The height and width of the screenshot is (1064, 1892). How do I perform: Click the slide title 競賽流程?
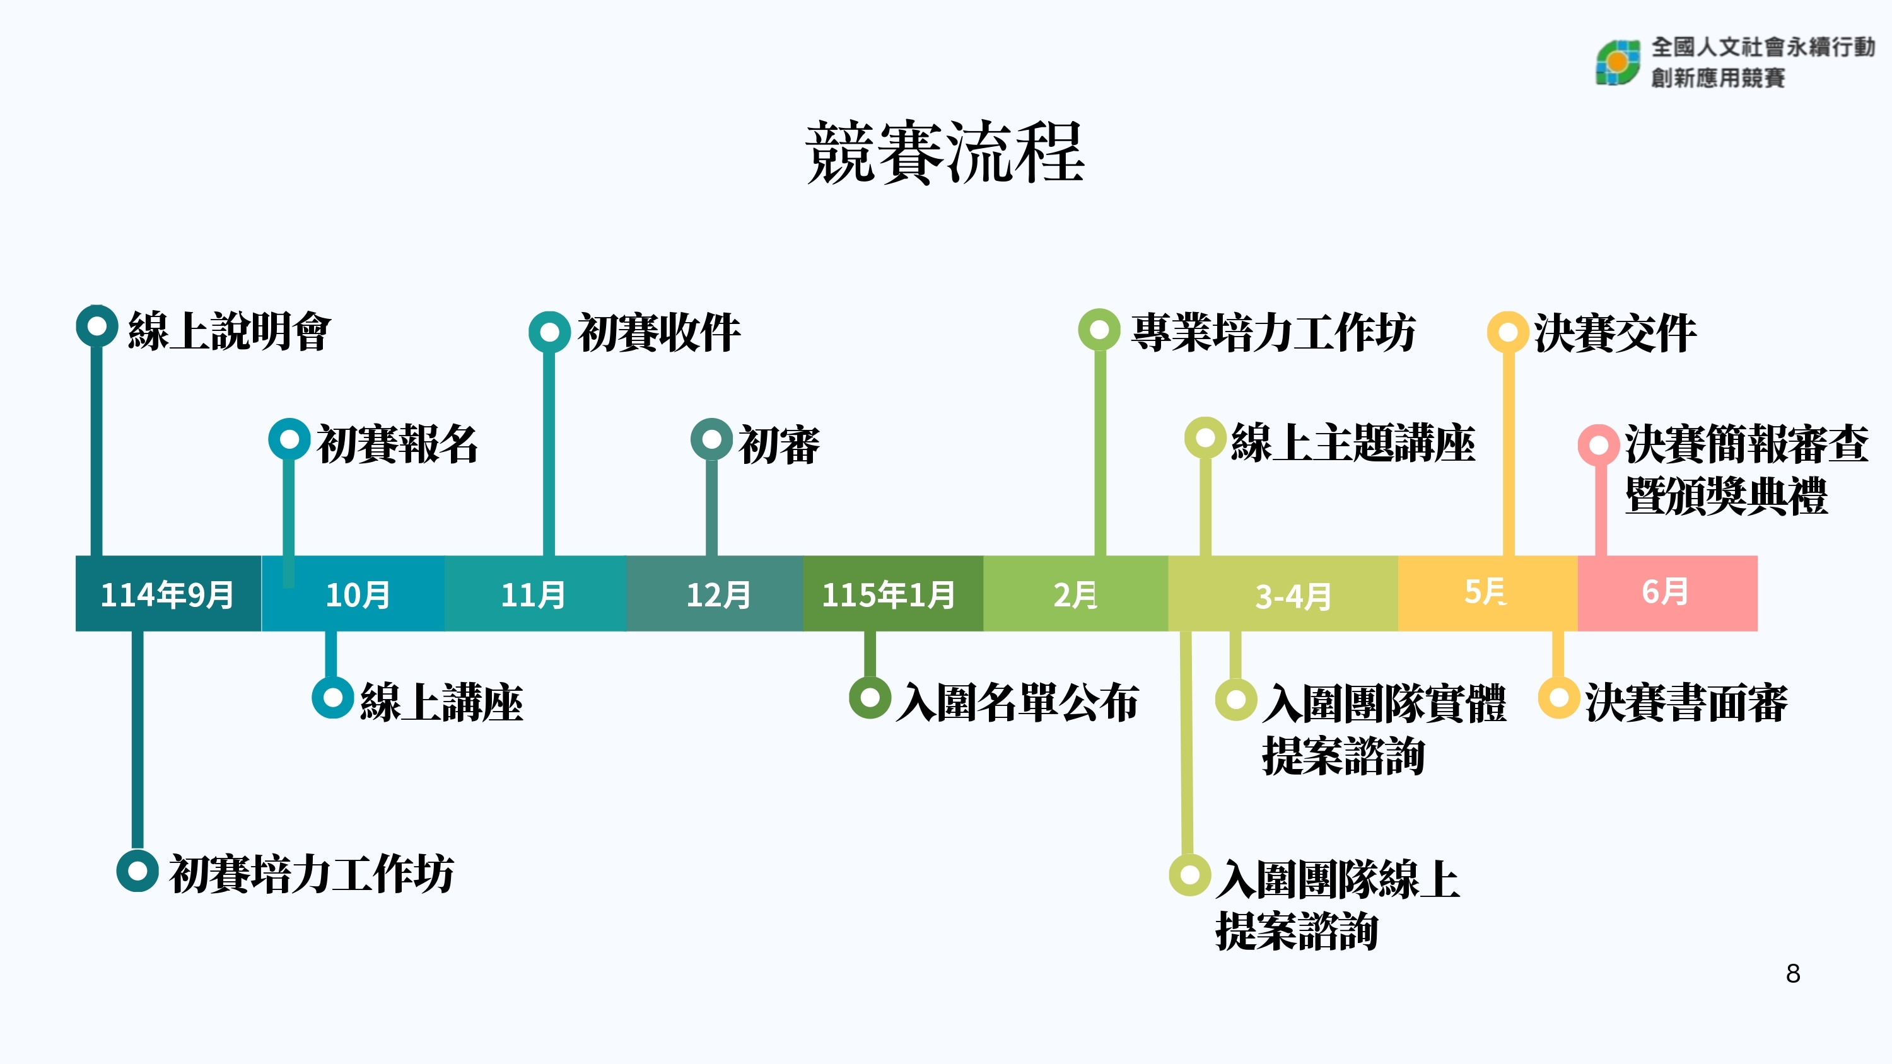945,153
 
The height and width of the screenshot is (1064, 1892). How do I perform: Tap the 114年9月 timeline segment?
168,593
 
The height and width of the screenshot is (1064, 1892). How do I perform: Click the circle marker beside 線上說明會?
97,326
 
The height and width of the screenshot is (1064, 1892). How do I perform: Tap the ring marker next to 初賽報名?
289,439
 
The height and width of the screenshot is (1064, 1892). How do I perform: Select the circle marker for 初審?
711,439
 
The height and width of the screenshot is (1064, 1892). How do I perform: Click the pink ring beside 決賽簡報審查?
1598,445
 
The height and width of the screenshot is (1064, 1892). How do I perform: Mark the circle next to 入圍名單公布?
870,697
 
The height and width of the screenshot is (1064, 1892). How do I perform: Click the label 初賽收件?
659,333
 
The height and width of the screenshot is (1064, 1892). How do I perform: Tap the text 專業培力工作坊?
1273,333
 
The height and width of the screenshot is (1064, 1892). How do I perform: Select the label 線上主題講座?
1353,444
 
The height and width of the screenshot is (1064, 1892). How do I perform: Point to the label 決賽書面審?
1686,703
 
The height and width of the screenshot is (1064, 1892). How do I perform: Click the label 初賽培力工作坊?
312,874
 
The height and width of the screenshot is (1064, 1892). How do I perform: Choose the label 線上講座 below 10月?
441,703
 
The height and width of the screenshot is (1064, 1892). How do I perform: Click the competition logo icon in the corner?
1617,63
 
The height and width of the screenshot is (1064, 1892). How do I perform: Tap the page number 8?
1793,974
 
